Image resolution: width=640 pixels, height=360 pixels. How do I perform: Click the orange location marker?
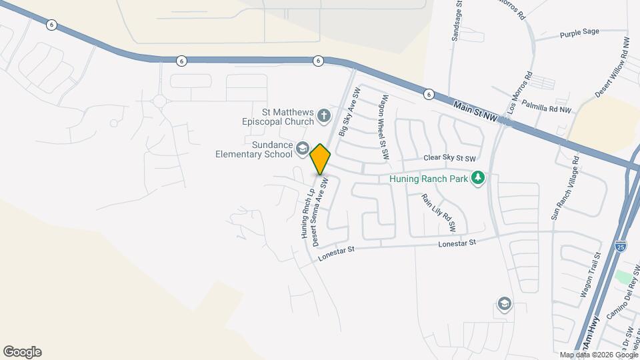321,159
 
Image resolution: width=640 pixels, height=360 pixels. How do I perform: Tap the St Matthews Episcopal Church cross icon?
324,117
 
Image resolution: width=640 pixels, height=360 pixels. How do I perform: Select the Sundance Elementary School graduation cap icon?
302,149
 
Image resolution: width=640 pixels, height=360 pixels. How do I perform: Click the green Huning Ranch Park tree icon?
477,178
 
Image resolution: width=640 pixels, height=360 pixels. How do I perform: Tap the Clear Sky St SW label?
451,159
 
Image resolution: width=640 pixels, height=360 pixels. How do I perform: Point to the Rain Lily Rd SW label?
438,212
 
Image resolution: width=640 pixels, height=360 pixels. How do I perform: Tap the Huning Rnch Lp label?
307,213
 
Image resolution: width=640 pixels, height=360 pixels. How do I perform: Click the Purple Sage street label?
579,32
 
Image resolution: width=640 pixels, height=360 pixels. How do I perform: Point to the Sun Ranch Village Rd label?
565,187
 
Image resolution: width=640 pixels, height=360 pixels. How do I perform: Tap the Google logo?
22,352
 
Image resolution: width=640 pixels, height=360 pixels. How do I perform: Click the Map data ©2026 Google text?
598,355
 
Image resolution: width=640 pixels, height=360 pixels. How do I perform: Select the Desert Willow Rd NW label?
612,68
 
